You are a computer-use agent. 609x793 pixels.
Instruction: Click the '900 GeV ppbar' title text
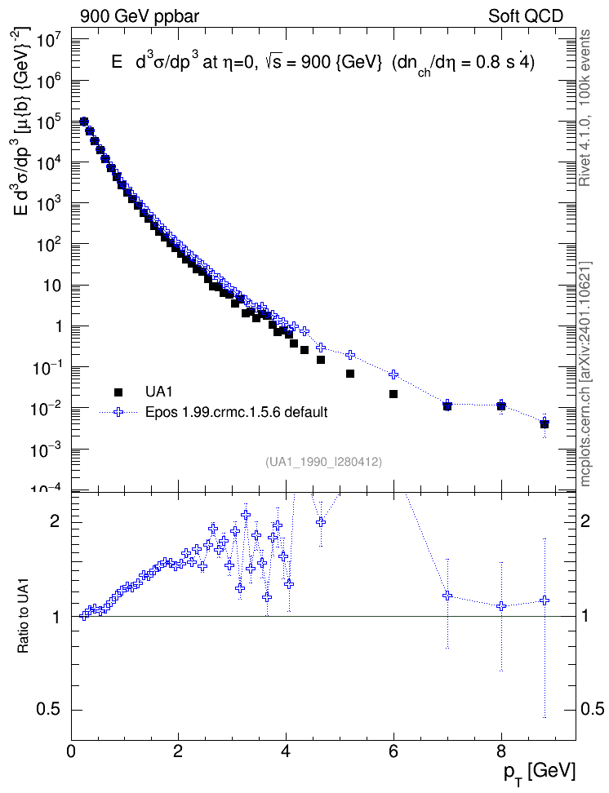click(x=140, y=16)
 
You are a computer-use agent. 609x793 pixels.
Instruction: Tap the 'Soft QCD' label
click(x=526, y=16)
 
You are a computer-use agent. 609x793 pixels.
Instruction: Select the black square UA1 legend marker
click(x=118, y=392)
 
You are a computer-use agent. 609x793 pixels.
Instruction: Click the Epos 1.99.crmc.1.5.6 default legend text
click(x=237, y=412)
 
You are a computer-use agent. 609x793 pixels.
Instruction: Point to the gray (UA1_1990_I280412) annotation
click(x=323, y=462)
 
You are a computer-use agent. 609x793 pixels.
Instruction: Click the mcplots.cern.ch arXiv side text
click(x=585, y=374)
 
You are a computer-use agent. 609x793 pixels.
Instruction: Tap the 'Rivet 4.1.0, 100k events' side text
click(x=585, y=109)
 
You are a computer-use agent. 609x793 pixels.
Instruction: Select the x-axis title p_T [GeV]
click(x=539, y=773)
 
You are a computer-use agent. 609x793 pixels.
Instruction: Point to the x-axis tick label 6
click(x=393, y=751)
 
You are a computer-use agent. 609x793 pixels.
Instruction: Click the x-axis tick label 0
click(x=71, y=751)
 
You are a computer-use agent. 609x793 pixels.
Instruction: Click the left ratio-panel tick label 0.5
click(x=49, y=710)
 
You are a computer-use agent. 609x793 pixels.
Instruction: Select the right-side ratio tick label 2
click(x=585, y=522)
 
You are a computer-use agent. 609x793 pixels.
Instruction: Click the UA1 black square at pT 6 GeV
click(x=393, y=394)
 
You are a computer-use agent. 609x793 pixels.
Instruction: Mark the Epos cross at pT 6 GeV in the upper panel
click(x=393, y=374)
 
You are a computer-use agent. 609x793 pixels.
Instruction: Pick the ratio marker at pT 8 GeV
click(x=501, y=606)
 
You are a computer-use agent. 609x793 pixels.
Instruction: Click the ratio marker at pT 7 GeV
click(x=447, y=596)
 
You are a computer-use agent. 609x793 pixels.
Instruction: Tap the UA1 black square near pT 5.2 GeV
click(x=350, y=374)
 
